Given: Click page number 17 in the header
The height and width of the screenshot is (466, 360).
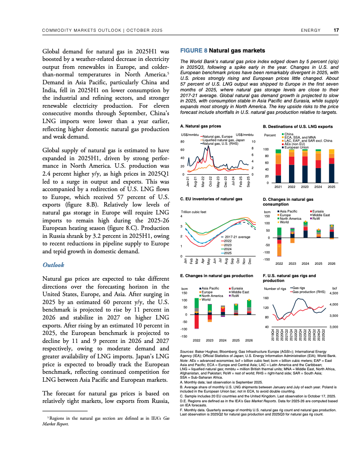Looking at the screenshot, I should tap(336, 30).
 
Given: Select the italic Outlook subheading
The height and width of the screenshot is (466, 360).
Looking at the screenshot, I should tap(53, 265).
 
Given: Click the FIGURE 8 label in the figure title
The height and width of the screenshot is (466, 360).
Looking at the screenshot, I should tap(194, 50).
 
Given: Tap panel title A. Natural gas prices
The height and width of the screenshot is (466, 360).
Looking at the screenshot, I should tap(198, 126).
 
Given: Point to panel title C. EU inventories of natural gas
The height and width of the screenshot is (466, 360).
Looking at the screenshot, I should tap(211, 199).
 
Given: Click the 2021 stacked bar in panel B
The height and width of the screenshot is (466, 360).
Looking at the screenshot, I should tap(278, 166).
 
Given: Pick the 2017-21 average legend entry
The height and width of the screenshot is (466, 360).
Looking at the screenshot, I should tap(236, 237).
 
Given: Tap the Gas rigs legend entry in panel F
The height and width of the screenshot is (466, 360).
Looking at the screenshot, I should tap(301, 288).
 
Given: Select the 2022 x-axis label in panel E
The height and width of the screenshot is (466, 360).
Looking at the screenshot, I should tap(197, 340).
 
